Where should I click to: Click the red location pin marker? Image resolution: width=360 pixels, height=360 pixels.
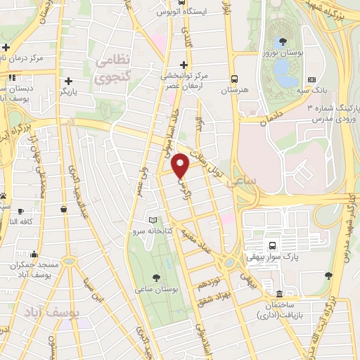coord(181,165)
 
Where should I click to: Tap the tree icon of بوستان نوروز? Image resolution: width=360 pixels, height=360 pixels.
coord(282,41)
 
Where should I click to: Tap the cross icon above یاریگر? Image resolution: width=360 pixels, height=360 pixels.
coord(67,80)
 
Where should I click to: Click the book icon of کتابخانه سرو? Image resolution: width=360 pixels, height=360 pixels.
coord(153,219)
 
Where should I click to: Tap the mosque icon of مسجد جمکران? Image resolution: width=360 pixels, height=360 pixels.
coord(68,261)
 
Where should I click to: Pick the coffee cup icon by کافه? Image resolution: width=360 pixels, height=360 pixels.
coord(20,211)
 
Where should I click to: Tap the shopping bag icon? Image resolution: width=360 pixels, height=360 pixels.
coord(64,209)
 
